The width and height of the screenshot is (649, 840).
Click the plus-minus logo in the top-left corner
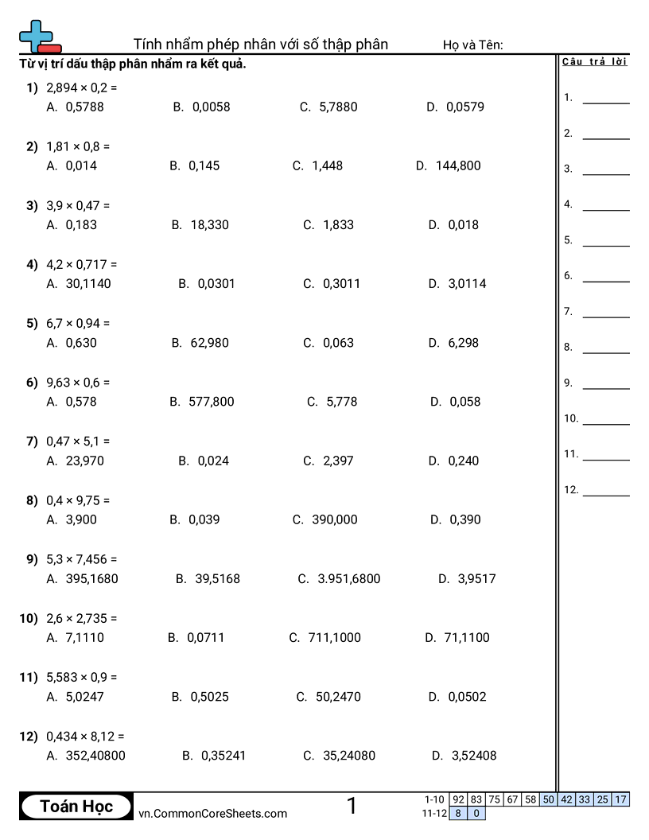38,37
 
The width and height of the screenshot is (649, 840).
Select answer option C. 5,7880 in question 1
328,107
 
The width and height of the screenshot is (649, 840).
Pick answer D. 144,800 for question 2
448,165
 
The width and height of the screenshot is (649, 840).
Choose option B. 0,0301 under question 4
207,283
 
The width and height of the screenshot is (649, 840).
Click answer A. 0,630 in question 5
72,343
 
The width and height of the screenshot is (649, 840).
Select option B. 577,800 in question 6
202,402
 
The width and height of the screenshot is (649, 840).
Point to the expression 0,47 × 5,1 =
78,441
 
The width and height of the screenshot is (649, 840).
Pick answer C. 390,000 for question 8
324,519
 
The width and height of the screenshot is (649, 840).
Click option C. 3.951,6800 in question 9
339,579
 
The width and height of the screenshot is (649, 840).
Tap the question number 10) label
29,618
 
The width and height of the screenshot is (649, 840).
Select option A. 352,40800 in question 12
86,756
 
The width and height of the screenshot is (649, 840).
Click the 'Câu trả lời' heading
594,62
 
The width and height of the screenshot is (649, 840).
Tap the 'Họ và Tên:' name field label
473,45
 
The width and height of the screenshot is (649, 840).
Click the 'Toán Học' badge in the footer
76,806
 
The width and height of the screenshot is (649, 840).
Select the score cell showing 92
458,799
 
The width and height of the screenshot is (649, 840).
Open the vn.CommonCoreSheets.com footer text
212,813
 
